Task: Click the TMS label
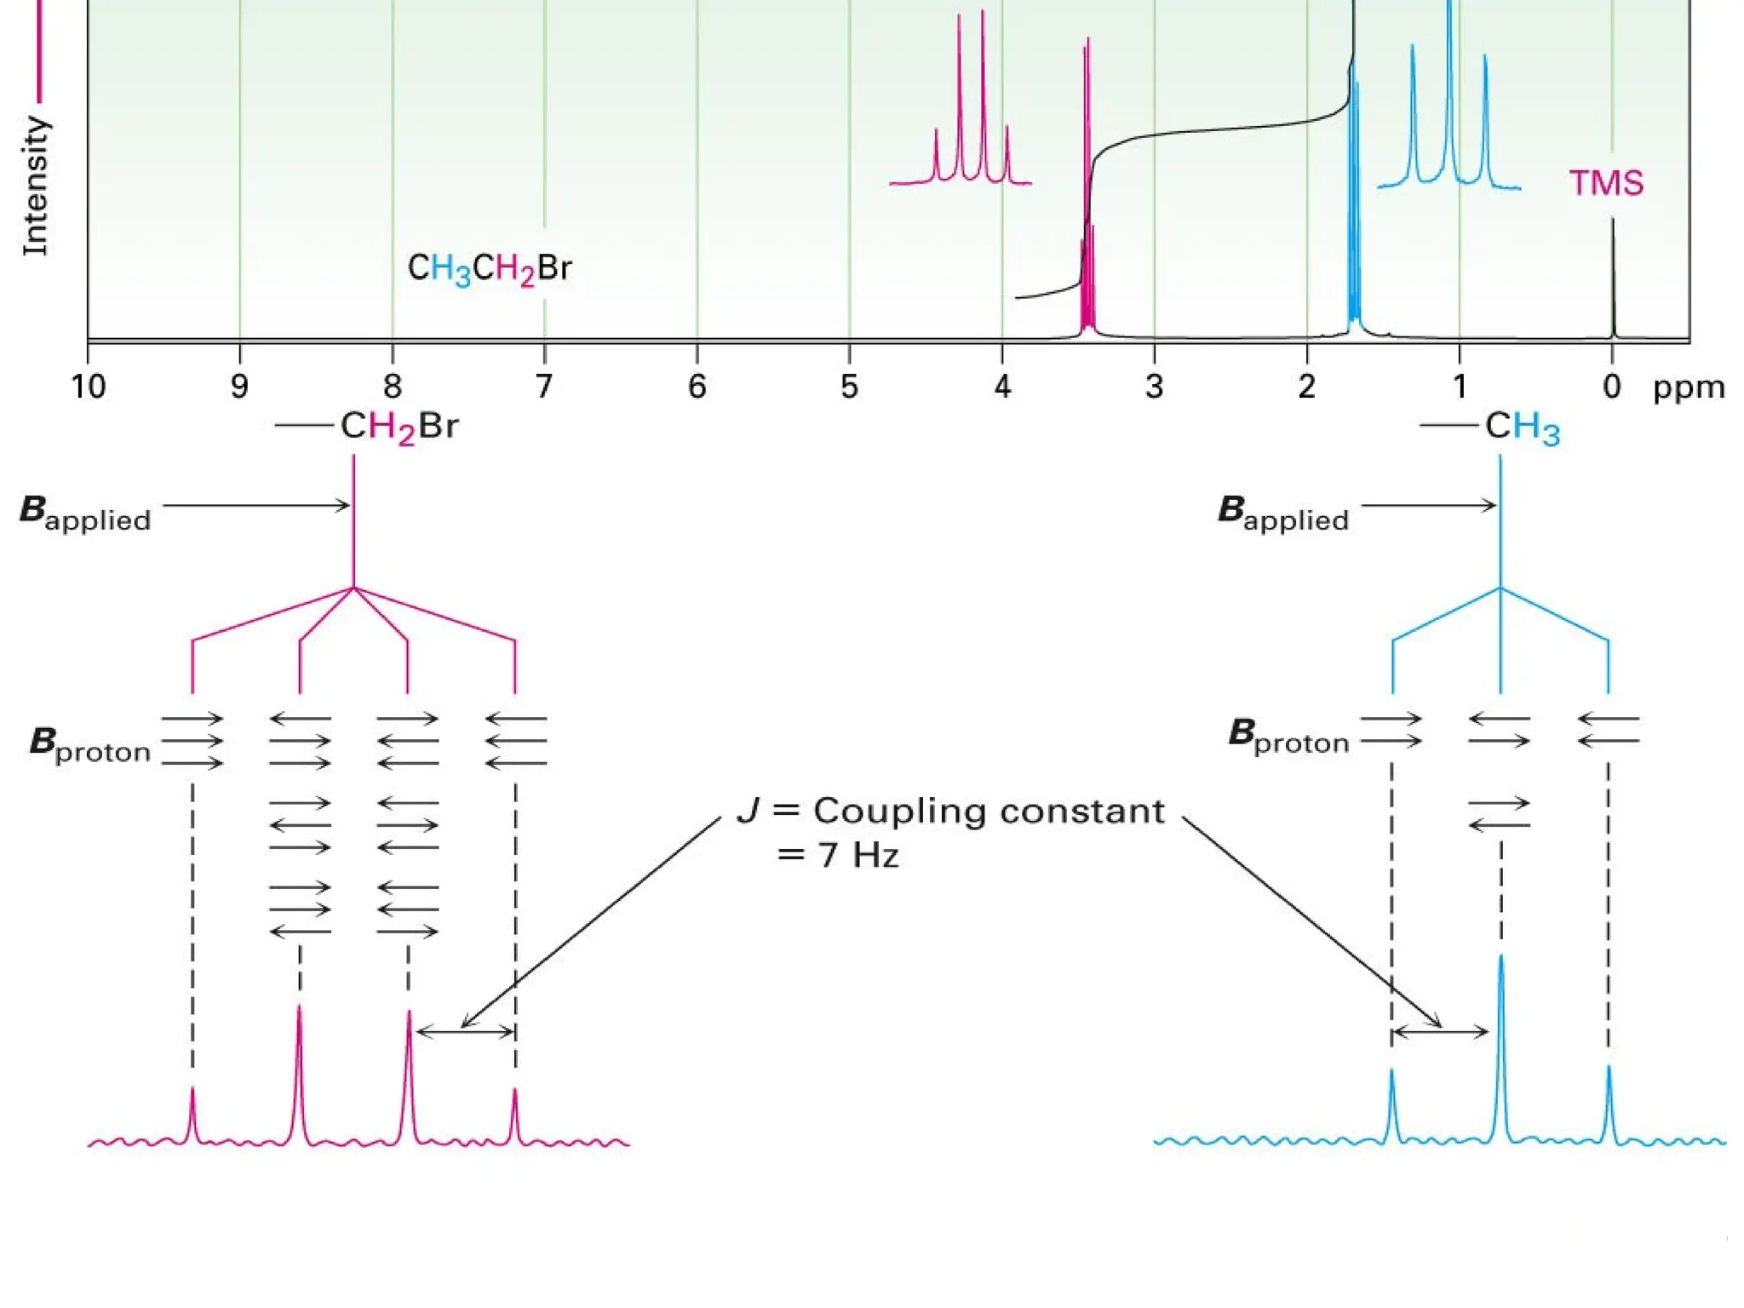(x=1606, y=183)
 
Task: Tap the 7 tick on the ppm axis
(x=544, y=387)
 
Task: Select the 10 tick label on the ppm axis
(x=88, y=387)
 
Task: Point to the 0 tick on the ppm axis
(x=1611, y=387)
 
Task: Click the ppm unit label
(x=1689, y=387)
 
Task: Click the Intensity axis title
(x=35, y=186)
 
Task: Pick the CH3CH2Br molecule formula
(x=490, y=268)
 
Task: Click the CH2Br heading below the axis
(x=399, y=426)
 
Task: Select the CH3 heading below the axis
(x=1522, y=426)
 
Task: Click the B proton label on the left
(x=90, y=744)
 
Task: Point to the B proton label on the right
(x=1288, y=736)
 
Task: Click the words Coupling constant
(x=988, y=811)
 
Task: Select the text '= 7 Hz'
(x=838, y=854)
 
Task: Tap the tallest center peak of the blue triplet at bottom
(x=1500, y=1022)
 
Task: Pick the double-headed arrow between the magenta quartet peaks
(x=465, y=1032)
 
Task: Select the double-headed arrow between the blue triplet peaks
(x=1440, y=1032)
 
